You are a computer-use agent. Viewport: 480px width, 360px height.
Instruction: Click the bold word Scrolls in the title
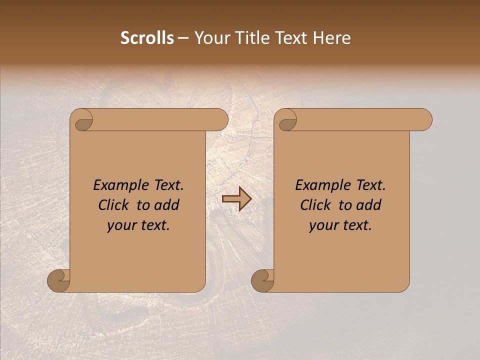[x=147, y=38]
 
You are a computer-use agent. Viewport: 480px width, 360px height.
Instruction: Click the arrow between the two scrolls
[x=236, y=199]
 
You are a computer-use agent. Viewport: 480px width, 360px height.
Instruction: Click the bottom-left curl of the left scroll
[x=59, y=280]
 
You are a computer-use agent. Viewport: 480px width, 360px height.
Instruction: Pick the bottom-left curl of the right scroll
[x=262, y=280]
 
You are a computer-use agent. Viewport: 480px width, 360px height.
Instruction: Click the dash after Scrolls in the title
[x=183, y=38]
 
